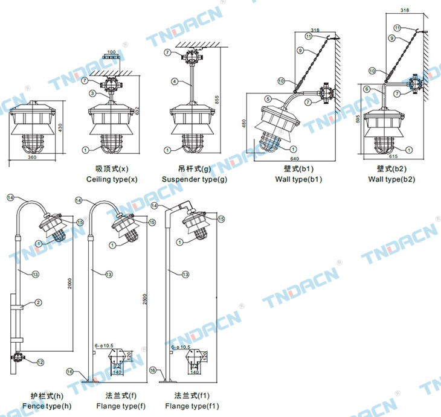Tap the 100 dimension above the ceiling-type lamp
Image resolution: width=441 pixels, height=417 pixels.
[112, 52]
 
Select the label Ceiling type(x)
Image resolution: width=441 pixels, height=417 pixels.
[112, 179]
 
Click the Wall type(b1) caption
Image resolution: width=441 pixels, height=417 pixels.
[298, 179]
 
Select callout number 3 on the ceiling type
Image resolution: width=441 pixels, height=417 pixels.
[92, 93]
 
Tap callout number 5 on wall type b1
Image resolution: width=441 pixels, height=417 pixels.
[267, 99]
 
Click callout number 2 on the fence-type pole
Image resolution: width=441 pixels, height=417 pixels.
[37, 302]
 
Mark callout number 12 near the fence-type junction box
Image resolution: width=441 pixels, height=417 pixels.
[40, 362]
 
